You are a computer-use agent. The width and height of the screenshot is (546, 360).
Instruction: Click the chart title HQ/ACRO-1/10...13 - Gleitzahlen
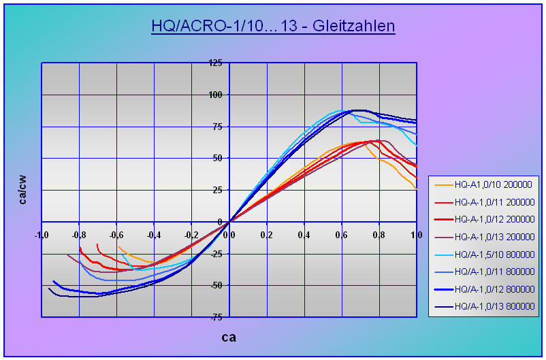273,27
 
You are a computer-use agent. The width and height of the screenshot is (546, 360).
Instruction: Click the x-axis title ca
229,336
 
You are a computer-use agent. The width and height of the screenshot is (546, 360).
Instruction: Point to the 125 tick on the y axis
215,63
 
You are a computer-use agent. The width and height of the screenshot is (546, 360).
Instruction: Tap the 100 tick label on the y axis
215,95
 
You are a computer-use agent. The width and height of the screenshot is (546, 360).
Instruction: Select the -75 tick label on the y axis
215,317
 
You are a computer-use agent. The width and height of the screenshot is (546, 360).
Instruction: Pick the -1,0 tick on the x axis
42,235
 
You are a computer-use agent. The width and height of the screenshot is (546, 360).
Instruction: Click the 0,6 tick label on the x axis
342,235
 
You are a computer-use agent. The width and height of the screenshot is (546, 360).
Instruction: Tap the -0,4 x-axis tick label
155,235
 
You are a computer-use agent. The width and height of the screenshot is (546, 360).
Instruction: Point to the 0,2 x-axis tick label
267,235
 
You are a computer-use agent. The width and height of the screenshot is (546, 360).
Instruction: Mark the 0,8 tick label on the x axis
379,235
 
